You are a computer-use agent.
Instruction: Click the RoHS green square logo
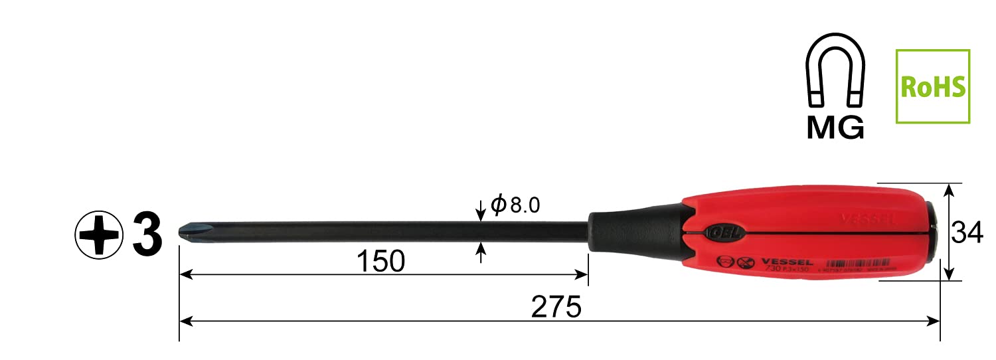tap(932, 86)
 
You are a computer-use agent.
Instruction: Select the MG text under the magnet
tap(835, 126)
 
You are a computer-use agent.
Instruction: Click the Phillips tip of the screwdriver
tap(187, 232)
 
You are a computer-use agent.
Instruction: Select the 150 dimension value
tap(380, 262)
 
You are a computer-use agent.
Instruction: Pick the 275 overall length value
tap(556, 307)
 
